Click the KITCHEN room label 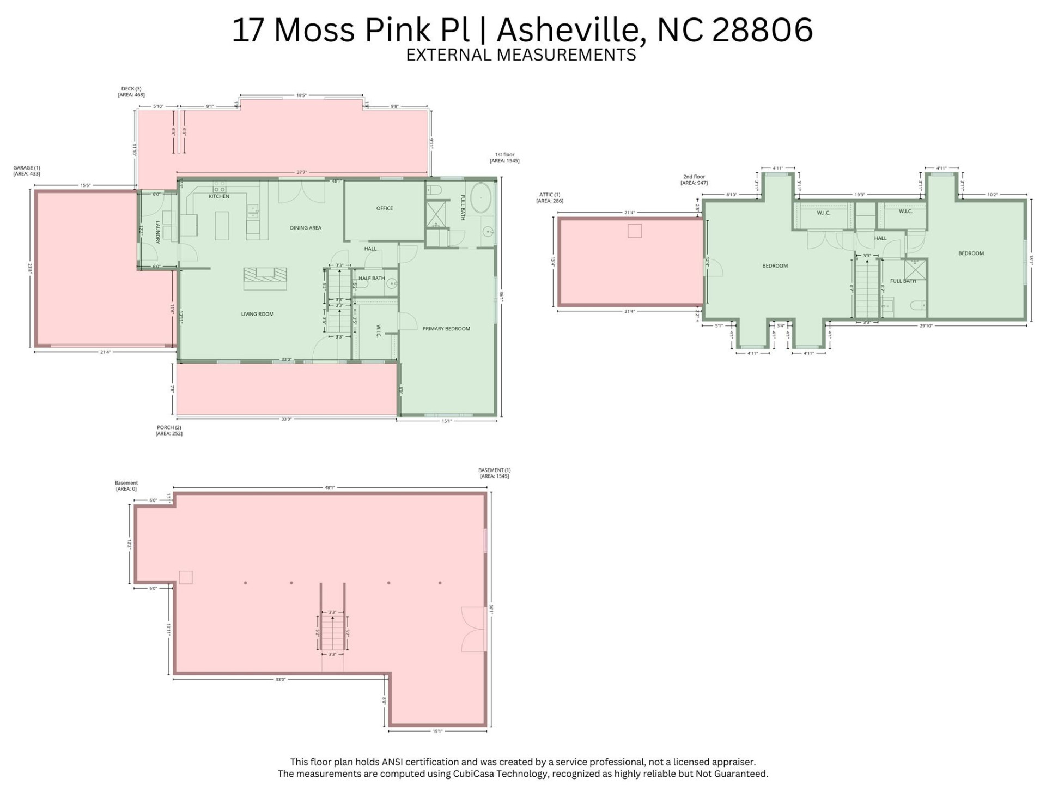tap(219, 196)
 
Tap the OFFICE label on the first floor tap(385, 208)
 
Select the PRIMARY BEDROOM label tap(446, 329)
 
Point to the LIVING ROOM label tap(257, 314)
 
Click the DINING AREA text tap(306, 228)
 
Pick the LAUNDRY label tap(157, 232)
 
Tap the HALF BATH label tap(372, 278)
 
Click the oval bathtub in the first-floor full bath tap(481, 198)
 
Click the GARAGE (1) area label tap(27, 171)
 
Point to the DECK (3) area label tap(131, 92)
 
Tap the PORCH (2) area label tap(169, 431)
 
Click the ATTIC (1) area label tap(550, 197)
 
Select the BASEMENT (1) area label tap(494, 473)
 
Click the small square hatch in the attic tap(634, 231)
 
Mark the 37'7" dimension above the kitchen tap(301, 172)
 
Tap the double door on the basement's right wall tap(473, 629)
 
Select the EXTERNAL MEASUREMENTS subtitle tap(521, 55)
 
